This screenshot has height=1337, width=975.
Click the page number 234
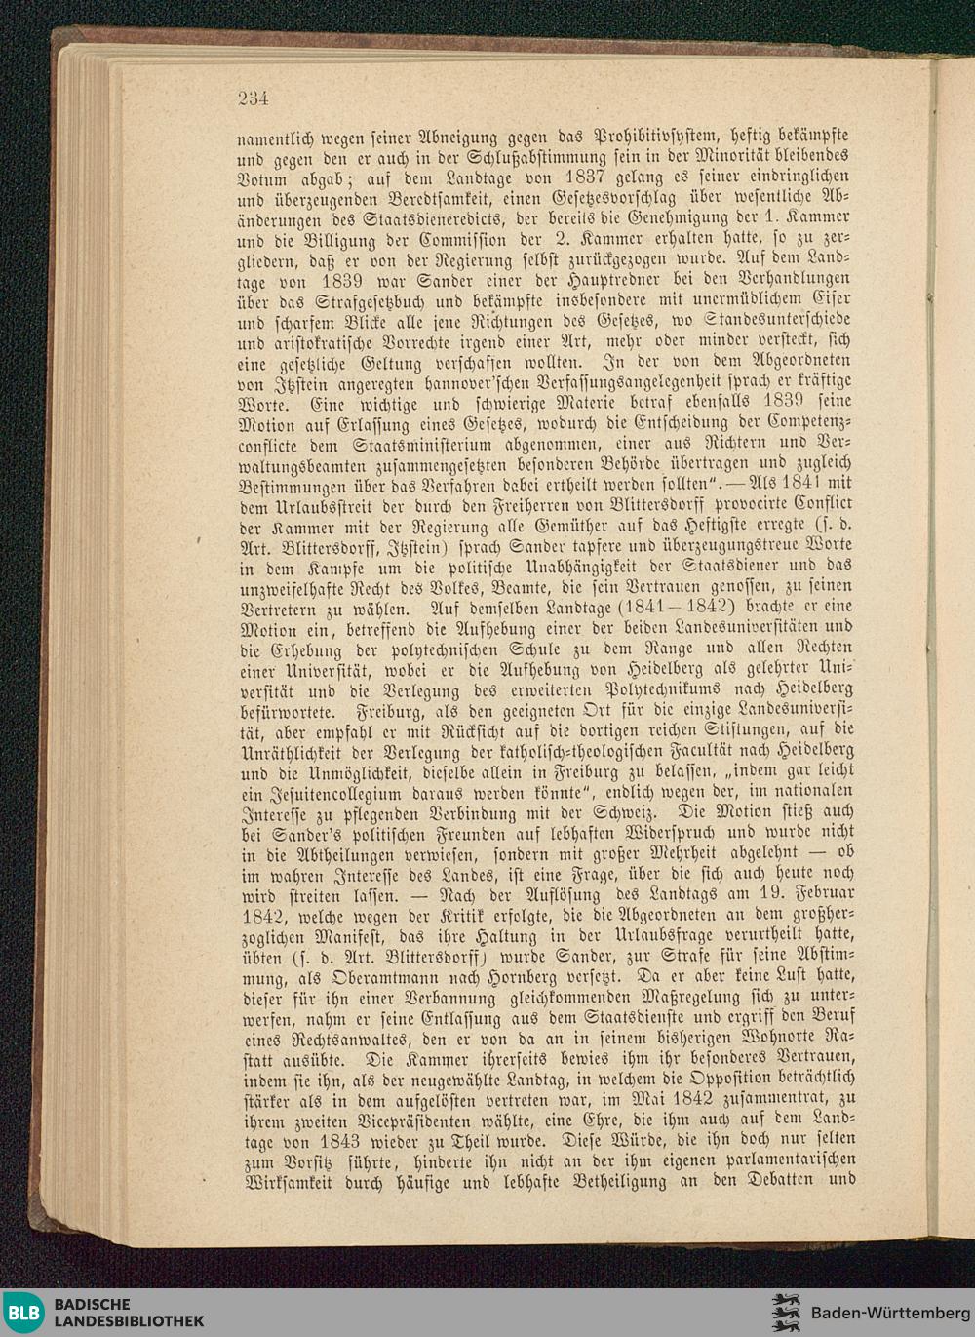tap(253, 98)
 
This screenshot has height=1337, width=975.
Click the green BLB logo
tap(23, 1313)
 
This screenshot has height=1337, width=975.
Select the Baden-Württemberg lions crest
tap(786, 1313)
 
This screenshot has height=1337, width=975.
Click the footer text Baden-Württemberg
tap(889, 1313)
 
